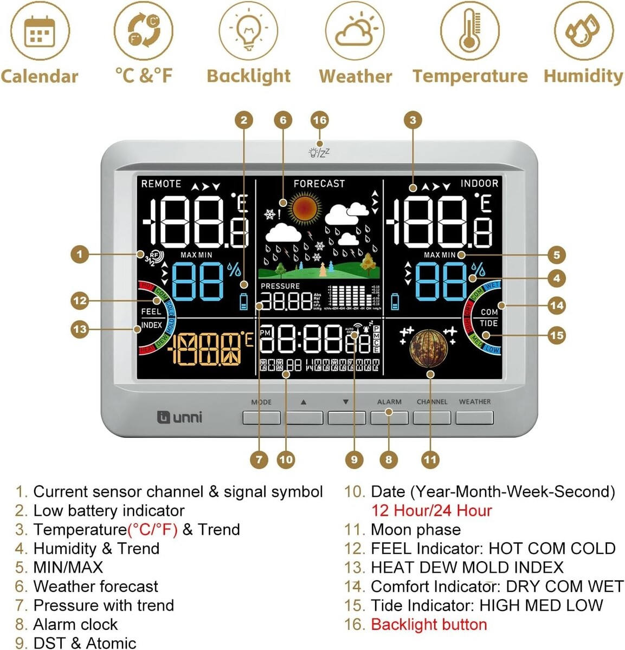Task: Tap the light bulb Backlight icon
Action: coord(248,31)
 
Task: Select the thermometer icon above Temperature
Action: coord(469,31)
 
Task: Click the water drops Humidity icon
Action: coord(583,31)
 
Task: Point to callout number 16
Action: coord(320,120)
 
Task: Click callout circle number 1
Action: coord(80,254)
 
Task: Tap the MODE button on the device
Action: coord(261,417)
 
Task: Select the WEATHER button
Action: coord(474,417)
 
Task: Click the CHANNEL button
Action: coord(431,417)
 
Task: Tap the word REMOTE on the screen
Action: coord(161,184)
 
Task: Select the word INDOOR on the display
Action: coord(479,183)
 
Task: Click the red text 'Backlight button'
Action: coord(428,625)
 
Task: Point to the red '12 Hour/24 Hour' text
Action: coord(431,510)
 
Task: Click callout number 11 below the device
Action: coord(430,460)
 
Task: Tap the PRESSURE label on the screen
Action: coord(280,286)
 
